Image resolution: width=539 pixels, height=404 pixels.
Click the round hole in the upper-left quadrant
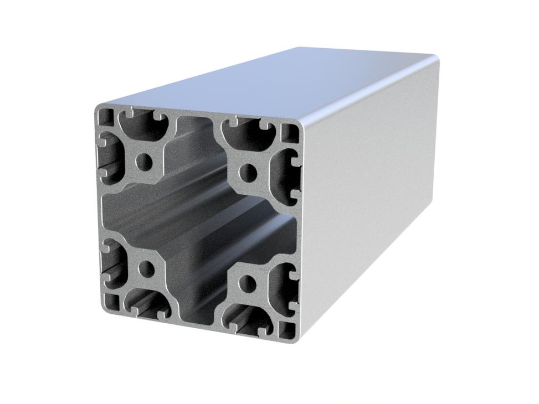pyautogui.click(x=144, y=163)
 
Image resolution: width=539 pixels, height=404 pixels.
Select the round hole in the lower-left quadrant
pyautogui.click(x=147, y=270)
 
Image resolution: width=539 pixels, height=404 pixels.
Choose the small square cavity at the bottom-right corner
pyautogui.click(x=288, y=329)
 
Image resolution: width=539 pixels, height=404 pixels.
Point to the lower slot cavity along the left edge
pyautogui.click(x=112, y=266)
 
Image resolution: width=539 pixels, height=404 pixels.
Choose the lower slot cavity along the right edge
pyautogui.click(x=286, y=288)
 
